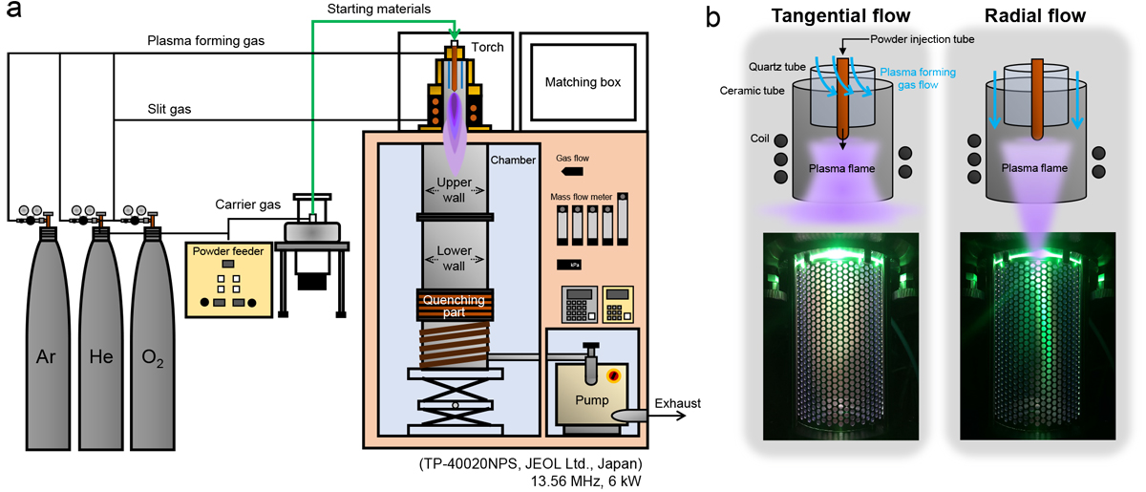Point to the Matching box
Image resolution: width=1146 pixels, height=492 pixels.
coord(583,82)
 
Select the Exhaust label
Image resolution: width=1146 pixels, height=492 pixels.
coord(677,403)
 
